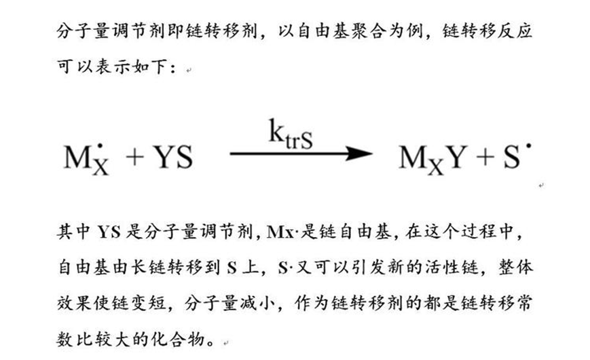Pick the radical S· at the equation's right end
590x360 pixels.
pyautogui.click(x=514, y=158)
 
